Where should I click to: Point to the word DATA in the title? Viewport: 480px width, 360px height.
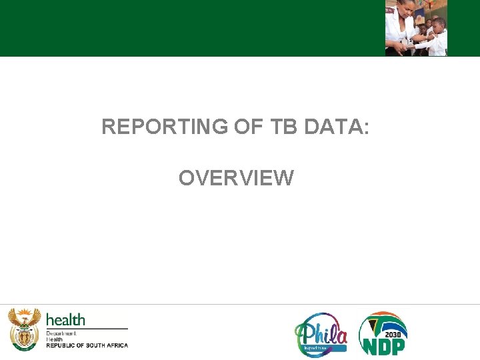(x=331, y=127)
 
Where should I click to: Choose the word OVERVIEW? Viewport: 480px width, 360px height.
(x=236, y=178)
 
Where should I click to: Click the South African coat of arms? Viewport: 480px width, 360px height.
(x=24, y=329)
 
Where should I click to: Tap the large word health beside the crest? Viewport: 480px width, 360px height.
(x=65, y=320)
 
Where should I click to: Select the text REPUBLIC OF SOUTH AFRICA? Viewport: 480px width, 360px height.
(x=87, y=345)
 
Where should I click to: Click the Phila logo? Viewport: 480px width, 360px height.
(x=321, y=334)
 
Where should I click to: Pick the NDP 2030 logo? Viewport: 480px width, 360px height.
(x=383, y=333)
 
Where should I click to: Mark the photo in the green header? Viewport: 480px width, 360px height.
(x=416, y=28)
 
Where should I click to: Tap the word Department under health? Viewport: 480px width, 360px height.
(x=61, y=333)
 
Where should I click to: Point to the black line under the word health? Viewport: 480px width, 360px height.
(x=87, y=328)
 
